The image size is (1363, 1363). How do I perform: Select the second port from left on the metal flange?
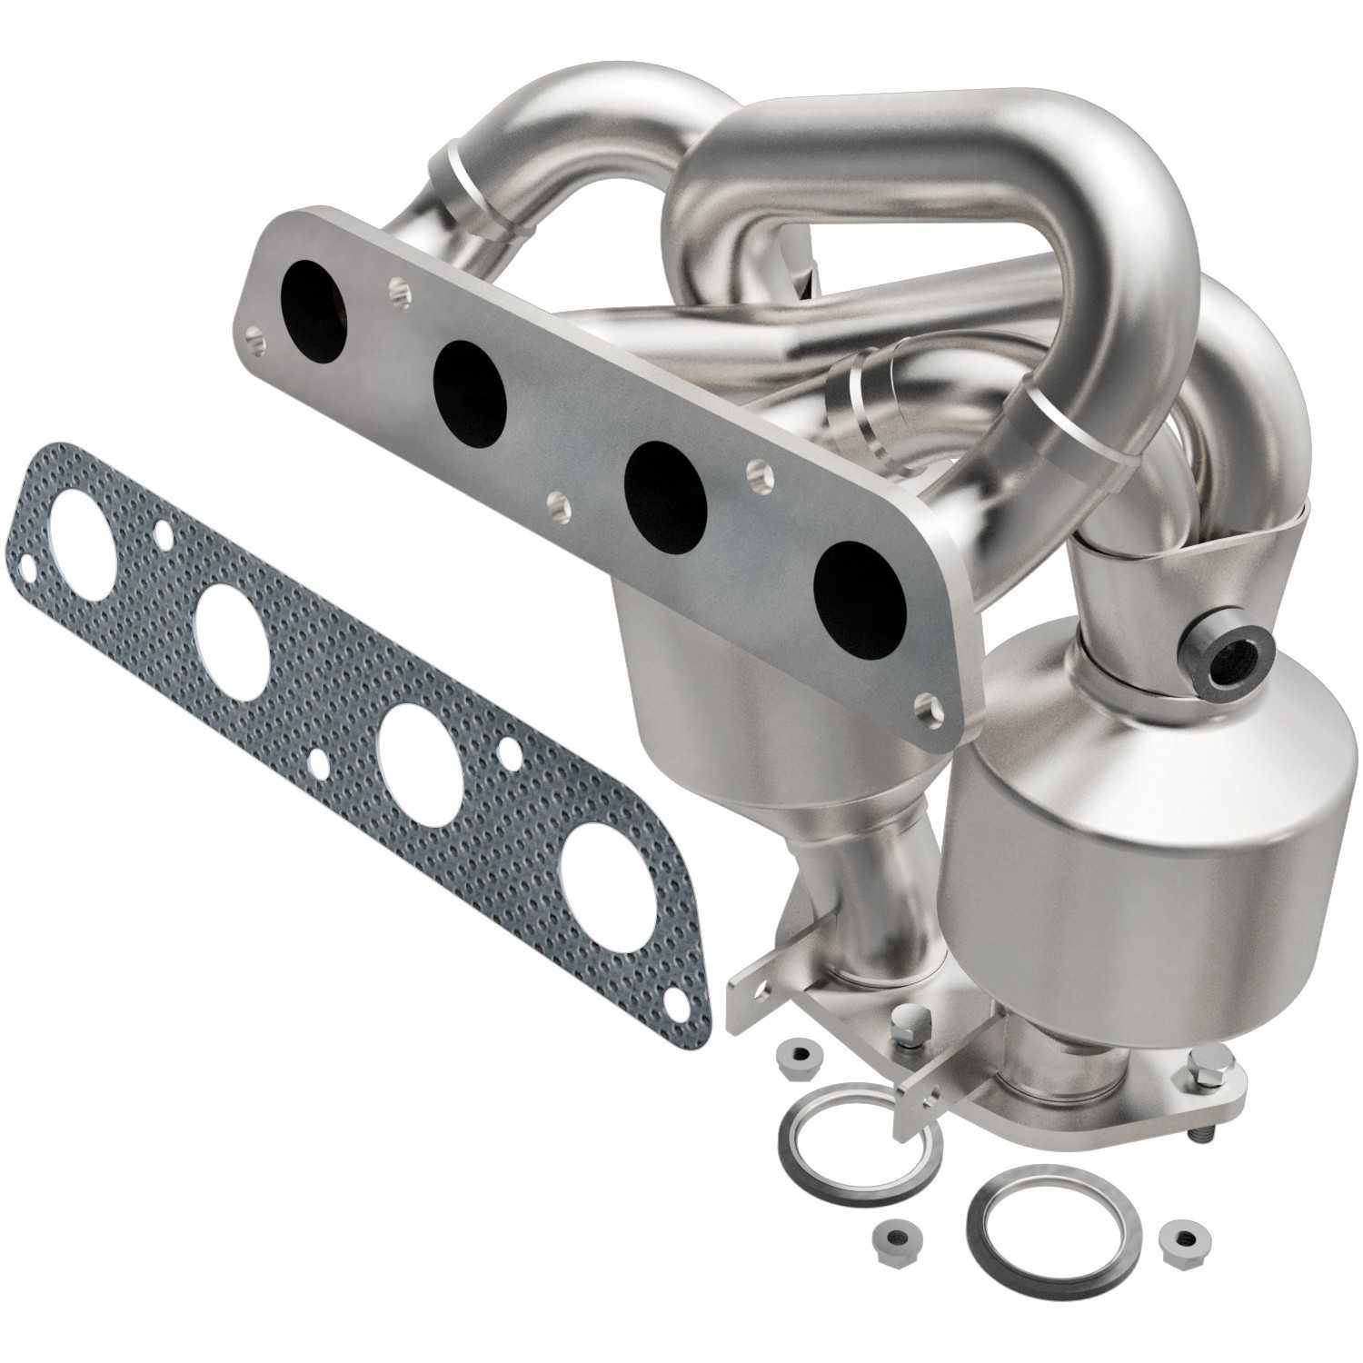coord(469,386)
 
